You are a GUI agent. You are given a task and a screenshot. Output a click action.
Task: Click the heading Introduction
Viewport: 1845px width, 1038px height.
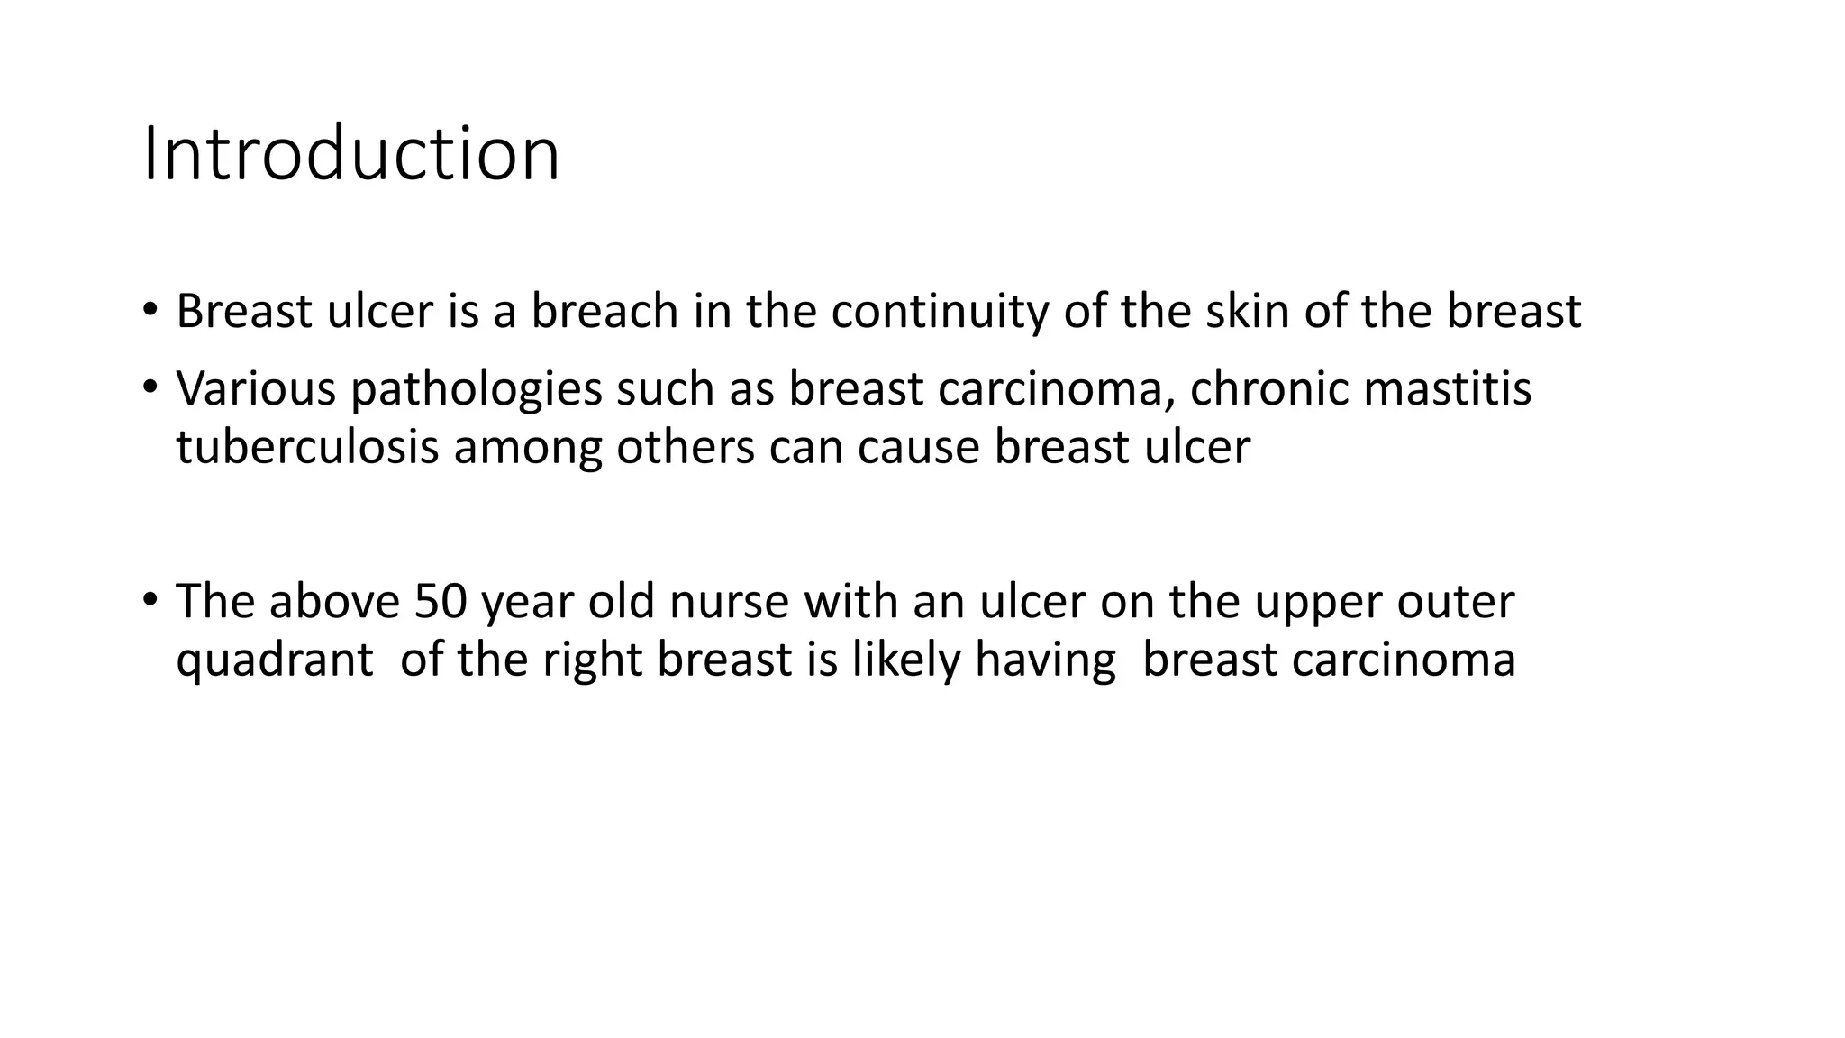click(351, 154)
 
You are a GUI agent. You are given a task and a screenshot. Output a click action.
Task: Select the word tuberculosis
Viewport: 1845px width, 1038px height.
click(306, 447)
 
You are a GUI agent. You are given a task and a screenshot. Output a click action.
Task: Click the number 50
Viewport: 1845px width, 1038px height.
click(441, 602)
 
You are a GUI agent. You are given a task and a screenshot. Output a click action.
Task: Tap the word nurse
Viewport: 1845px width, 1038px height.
click(729, 602)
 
